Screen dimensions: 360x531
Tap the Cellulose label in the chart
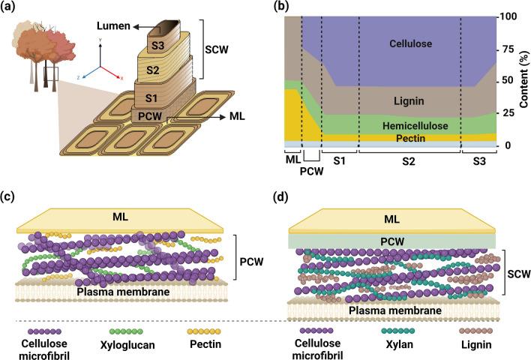pyautogui.click(x=410, y=44)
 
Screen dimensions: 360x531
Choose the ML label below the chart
pyautogui.click(x=292, y=159)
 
